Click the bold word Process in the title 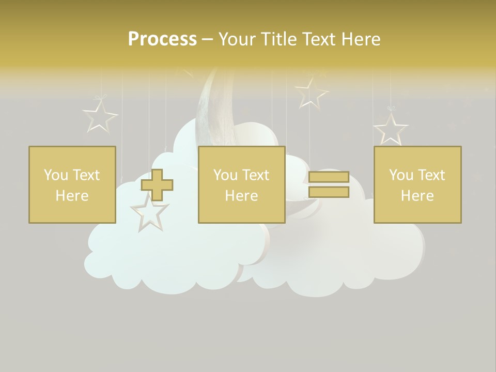(162, 39)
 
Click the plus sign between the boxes (157, 184)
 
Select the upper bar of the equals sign (329, 177)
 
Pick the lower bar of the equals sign (329, 192)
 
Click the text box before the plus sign (72, 184)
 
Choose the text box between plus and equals (241, 184)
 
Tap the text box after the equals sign (417, 184)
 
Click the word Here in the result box (417, 196)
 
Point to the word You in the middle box (225, 175)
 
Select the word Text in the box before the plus (86, 175)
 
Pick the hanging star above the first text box (100, 116)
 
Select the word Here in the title (362, 39)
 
